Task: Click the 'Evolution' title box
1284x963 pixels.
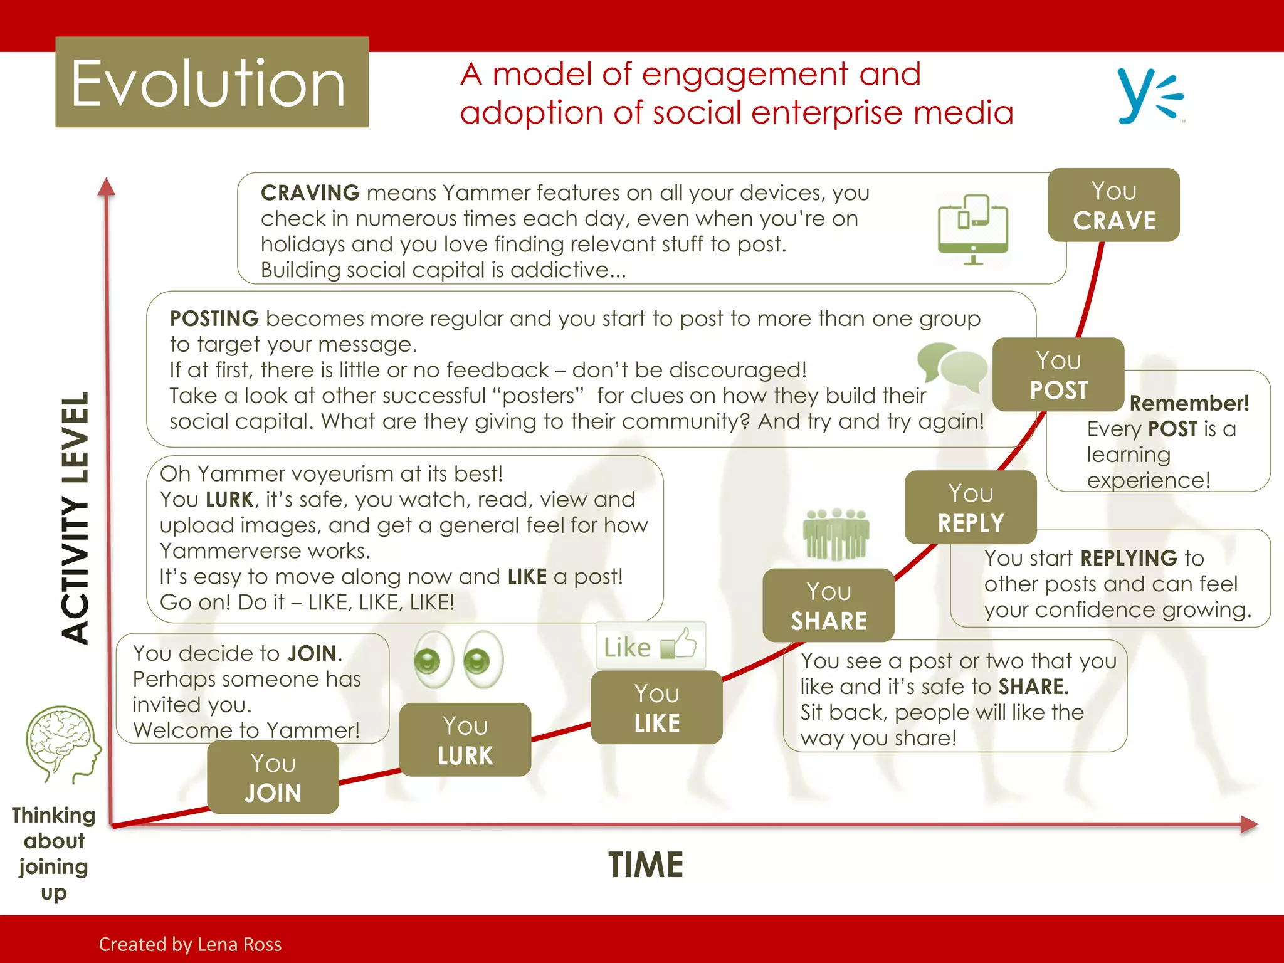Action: pos(212,82)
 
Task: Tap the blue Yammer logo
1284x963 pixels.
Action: pos(1149,96)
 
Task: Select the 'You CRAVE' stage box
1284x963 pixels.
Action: pos(1113,205)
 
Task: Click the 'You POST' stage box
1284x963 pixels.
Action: pos(1058,374)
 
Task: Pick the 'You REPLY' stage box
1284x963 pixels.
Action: pos(971,507)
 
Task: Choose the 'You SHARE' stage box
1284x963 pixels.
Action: pos(828,605)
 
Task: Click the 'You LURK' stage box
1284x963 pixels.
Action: pos(465,740)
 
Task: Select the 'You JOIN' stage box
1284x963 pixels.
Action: pos(273,777)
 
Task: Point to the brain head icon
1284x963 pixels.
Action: pos(63,744)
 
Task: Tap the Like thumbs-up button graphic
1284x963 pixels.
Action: pos(650,645)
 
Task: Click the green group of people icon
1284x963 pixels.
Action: pos(836,534)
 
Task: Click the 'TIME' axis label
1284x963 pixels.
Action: pos(645,865)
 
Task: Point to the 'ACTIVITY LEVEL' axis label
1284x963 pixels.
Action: pos(76,518)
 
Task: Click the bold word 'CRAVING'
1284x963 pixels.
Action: pos(310,192)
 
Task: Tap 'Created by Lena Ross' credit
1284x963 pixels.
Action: pos(190,944)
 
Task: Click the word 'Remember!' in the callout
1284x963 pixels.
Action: pos(1189,403)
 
